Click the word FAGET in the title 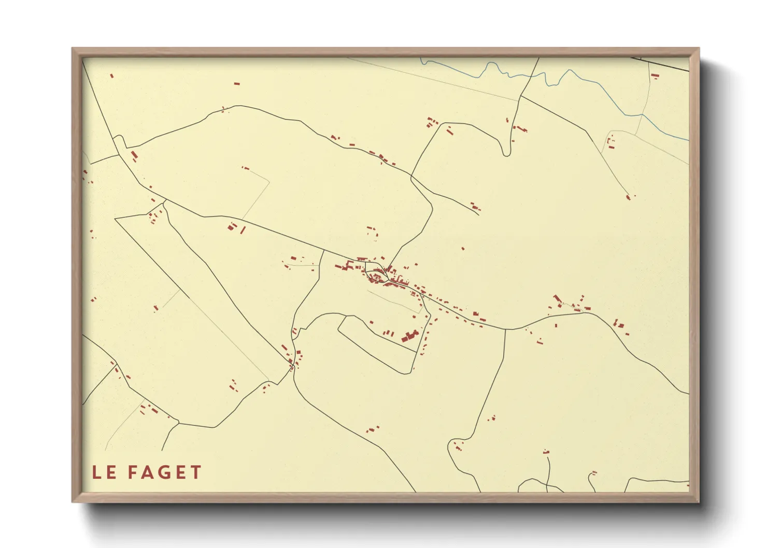point(164,472)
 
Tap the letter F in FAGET point(132,472)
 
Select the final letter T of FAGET point(196,472)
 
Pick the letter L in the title point(96,472)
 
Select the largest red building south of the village point(410,336)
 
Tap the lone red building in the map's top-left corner point(111,76)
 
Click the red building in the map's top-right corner point(655,76)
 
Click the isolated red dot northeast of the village point(463,249)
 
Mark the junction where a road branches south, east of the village point(505,329)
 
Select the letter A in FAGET point(149,472)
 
